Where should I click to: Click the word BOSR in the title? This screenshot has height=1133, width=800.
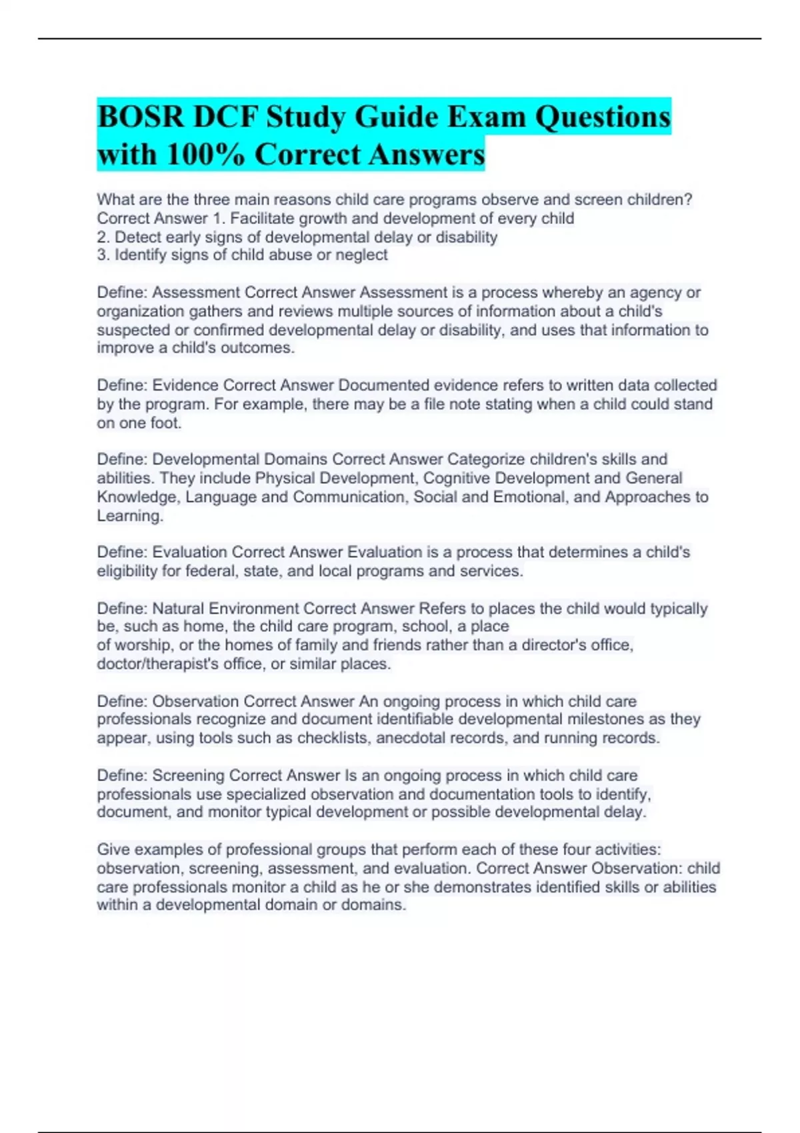pyautogui.click(x=140, y=117)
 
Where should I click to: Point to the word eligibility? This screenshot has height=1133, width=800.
pyautogui.click(x=127, y=571)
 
